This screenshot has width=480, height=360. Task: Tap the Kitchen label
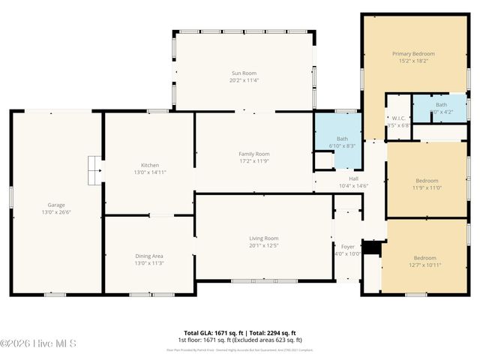tap(150, 164)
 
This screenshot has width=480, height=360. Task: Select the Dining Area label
tap(149, 255)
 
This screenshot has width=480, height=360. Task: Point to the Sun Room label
tap(243, 73)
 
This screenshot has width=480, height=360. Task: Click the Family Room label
tap(253, 153)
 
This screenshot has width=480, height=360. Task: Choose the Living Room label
tap(264, 238)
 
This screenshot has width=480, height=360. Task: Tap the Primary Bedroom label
tap(413, 54)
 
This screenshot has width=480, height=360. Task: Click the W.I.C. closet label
tap(399, 118)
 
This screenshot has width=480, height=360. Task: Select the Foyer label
tap(348, 246)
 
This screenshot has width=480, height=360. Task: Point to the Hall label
tap(353, 178)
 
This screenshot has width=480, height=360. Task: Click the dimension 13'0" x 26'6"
tap(56, 211)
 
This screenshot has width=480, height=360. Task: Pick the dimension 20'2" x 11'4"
tap(243, 80)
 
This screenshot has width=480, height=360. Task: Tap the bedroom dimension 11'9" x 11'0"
tap(425, 187)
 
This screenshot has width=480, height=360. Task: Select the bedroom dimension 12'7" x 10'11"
tap(424, 265)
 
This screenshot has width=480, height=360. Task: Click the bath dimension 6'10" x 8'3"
tap(343, 145)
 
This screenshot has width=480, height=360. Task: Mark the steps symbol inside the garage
tap(94, 169)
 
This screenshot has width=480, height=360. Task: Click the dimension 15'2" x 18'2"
tap(413, 61)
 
